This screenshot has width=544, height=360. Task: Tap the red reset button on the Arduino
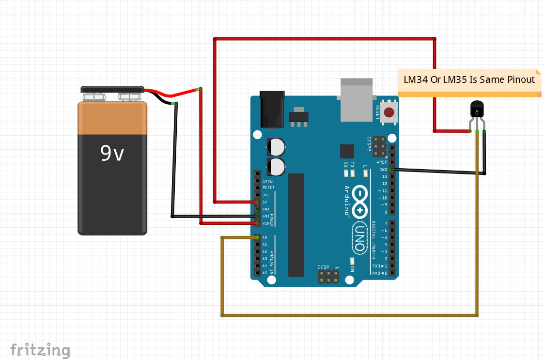pos(389,113)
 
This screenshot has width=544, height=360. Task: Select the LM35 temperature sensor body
pos(477,110)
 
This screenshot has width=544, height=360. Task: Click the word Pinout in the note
pos(521,80)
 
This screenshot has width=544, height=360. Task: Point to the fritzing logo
pos(40,349)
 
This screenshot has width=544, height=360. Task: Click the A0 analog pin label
pos(265,237)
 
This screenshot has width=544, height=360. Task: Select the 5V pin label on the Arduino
pos(265,202)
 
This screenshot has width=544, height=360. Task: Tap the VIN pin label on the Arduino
pos(265,223)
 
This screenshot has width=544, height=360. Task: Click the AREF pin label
pos(383,162)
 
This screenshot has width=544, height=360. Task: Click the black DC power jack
pos(271,110)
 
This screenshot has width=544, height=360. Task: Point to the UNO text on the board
pos(359,237)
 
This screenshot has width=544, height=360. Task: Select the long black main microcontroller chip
pos(296,224)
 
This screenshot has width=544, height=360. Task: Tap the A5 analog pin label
pos(265,273)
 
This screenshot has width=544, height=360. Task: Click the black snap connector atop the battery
pos(112,90)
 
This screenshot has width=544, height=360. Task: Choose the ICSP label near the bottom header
pos(323,267)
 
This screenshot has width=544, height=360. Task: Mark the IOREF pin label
pos(268,180)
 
